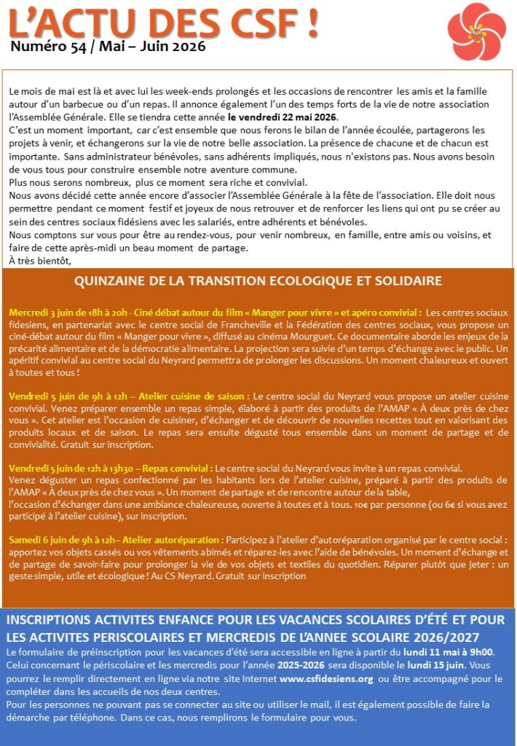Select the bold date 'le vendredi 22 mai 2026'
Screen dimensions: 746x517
[283, 117]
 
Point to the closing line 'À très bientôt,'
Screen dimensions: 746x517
[40, 259]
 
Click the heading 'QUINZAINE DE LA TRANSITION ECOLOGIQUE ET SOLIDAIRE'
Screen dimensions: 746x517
[258, 281]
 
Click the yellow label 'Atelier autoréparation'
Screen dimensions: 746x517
[174, 540]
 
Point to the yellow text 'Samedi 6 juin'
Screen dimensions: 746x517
[41, 540]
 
